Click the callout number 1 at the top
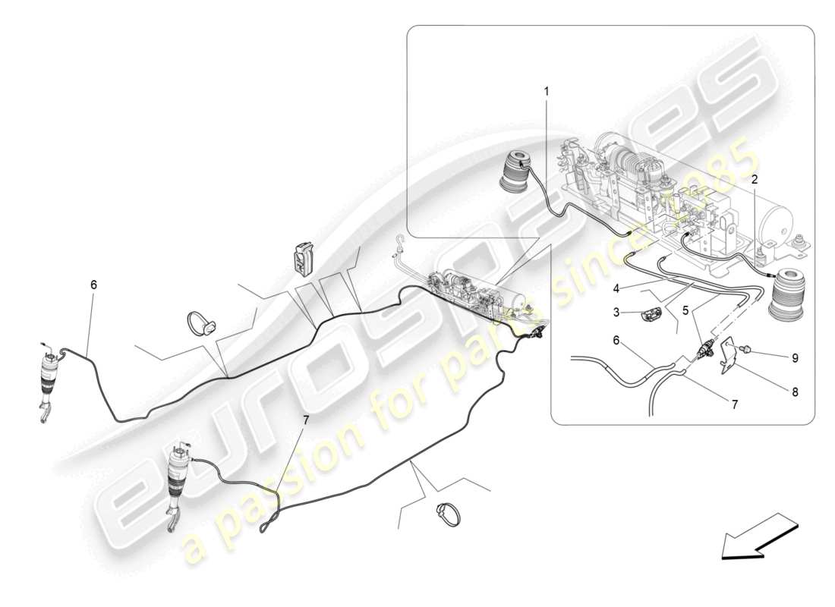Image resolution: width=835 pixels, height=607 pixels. pos(546,91)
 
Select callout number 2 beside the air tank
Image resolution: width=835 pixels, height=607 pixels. pos(755,180)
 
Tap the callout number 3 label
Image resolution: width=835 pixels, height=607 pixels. pos(618,311)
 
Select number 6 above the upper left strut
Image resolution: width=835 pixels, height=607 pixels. pos(93,285)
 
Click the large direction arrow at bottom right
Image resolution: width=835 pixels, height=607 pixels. pos(758,536)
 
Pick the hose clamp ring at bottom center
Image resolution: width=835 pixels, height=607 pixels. pos(449,514)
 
